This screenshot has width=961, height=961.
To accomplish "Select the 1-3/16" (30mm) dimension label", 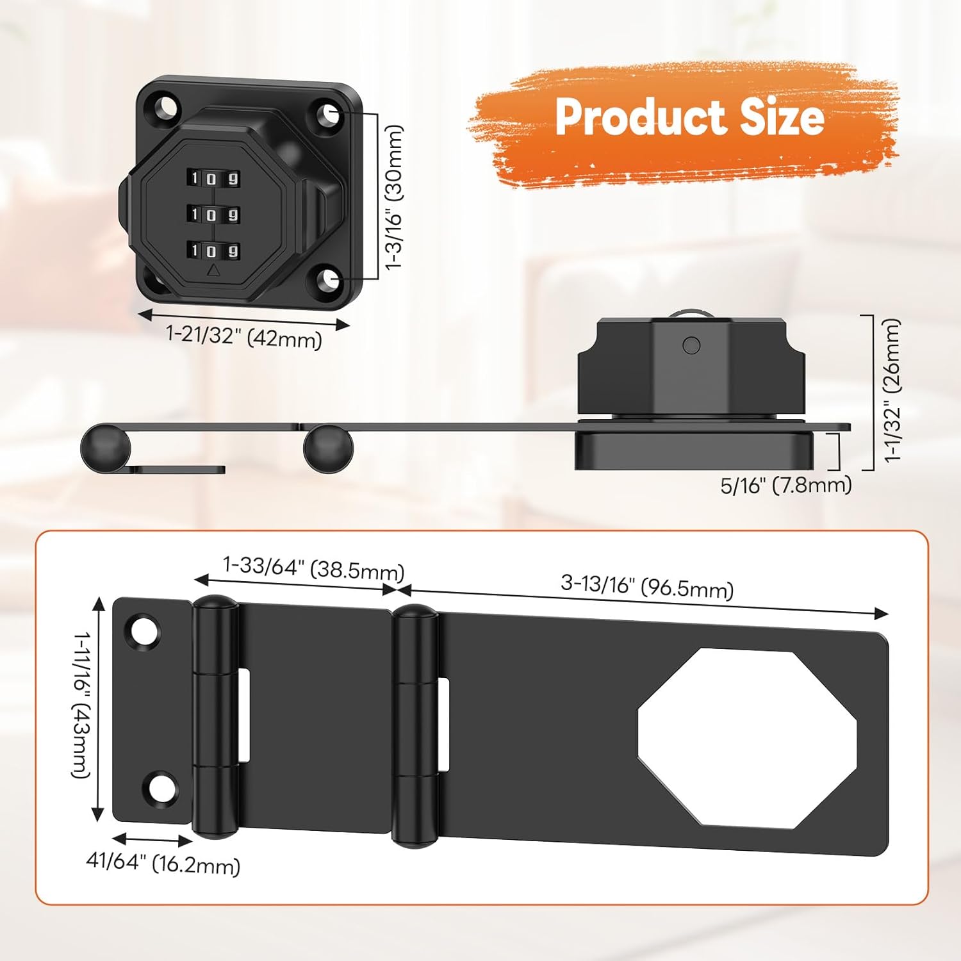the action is [393, 197].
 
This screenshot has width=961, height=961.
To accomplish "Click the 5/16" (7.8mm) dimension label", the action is [786, 485].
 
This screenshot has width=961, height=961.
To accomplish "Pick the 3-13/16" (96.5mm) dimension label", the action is [647, 586].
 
